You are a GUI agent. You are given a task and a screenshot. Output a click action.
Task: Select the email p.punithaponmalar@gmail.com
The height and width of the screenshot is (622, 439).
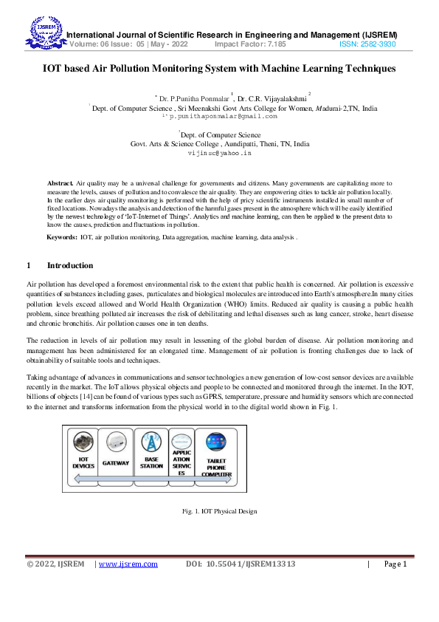pyautogui.click(x=224, y=116)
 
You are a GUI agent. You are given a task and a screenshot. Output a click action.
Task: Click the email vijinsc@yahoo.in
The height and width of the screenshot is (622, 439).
pyautogui.click(x=220, y=153)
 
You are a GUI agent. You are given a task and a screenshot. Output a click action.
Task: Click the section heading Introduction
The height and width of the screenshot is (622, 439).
pyautogui.click(x=70, y=265)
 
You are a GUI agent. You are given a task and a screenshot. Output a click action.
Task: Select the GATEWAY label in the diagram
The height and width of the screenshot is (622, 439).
pyautogui.click(x=116, y=463)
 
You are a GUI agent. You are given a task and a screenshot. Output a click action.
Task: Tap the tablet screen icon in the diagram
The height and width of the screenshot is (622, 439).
pyautogui.click(x=216, y=442)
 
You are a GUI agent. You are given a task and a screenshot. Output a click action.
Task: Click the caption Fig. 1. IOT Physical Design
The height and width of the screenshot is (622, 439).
pyautogui.click(x=219, y=511)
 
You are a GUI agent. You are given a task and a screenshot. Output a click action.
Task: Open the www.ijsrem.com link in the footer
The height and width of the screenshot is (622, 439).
pyautogui.click(x=128, y=564)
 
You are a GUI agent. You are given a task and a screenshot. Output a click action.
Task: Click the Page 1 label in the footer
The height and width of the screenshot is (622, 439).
pyautogui.click(x=395, y=564)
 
